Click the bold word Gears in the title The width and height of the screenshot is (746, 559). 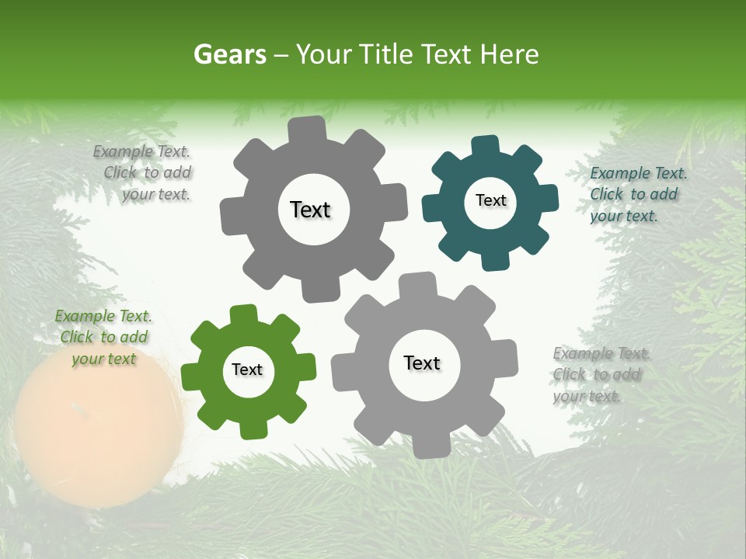tap(229, 54)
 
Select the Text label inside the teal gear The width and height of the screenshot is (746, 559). tap(490, 200)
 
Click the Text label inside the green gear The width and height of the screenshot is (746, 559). tap(247, 370)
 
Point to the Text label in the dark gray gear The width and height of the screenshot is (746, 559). tap(310, 210)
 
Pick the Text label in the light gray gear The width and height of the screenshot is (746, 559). tap(422, 363)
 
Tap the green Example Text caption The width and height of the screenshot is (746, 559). tap(103, 338)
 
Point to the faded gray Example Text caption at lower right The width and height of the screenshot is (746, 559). tap(600, 375)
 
